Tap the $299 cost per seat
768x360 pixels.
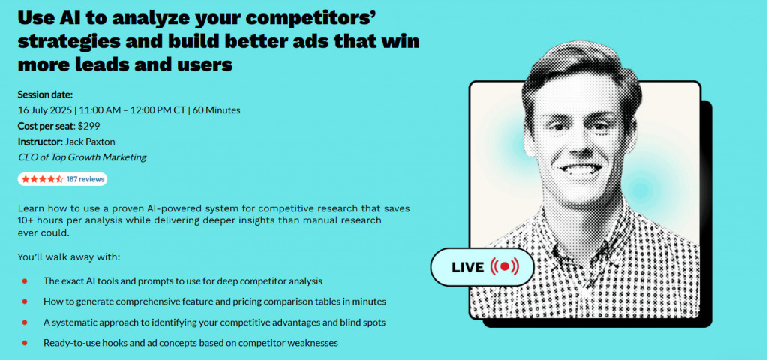click(x=89, y=126)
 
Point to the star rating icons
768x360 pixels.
click(x=42, y=179)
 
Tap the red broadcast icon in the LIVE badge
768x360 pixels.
click(x=503, y=266)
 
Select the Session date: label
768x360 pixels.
click(x=45, y=94)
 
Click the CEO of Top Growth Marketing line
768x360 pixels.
click(x=82, y=157)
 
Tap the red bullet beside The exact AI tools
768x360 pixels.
click(x=25, y=280)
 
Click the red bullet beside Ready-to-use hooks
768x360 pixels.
click(x=25, y=343)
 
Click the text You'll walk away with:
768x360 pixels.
click(x=68, y=257)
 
